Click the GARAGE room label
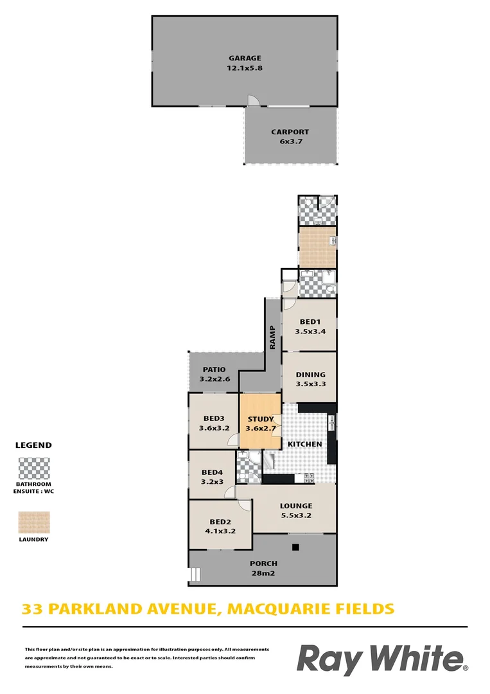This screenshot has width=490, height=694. click(245, 58)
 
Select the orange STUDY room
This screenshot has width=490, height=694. click(260, 422)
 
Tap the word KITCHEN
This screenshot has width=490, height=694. click(304, 444)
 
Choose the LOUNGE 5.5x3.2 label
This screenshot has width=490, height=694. click(296, 510)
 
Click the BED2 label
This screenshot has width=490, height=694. click(220, 526)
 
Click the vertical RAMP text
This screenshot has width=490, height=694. click(272, 337)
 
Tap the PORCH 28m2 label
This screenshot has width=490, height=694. click(263, 568)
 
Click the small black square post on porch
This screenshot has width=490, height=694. click(295, 547)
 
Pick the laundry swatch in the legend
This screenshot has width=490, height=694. click(34, 522)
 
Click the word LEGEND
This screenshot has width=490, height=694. click(33, 445)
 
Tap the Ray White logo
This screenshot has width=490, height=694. click(381, 661)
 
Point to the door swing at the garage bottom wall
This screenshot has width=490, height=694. click(254, 100)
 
